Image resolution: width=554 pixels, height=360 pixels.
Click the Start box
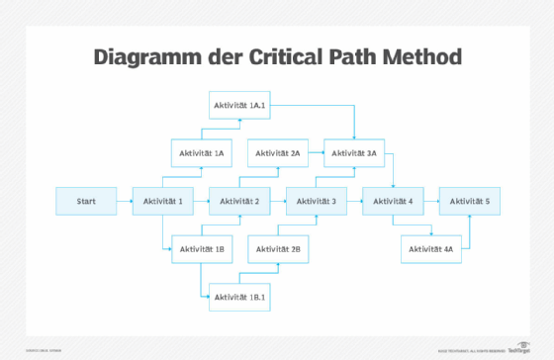click(x=86, y=201)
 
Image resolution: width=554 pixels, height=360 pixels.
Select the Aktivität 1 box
click(x=163, y=201)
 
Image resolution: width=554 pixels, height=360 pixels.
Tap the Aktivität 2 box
click(x=240, y=201)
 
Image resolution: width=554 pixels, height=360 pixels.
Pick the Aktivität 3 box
click(x=317, y=201)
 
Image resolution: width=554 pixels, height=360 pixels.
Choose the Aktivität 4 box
click(x=394, y=201)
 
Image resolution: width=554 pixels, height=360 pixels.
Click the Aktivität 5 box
click(x=470, y=201)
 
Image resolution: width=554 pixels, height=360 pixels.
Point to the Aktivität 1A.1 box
click(x=240, y=105)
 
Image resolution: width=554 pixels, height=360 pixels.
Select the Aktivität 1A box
click(x=202, y=153)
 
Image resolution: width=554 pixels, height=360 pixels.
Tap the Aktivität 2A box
click(x=278, y=153)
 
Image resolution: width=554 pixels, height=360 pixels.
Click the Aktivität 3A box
click(x=355, y=153)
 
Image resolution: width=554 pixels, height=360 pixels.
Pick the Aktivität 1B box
click(x=202, y=249)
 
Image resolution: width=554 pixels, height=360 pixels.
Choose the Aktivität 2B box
click(x=278, y=249)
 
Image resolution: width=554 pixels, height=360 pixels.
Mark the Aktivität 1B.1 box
click(x=240, y=297)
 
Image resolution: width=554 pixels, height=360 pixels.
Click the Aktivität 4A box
click(x=431, y=249)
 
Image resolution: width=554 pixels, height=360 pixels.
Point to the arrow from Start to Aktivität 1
click(x=124, y=201)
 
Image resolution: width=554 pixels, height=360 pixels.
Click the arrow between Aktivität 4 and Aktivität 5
click(x=431, y=201)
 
